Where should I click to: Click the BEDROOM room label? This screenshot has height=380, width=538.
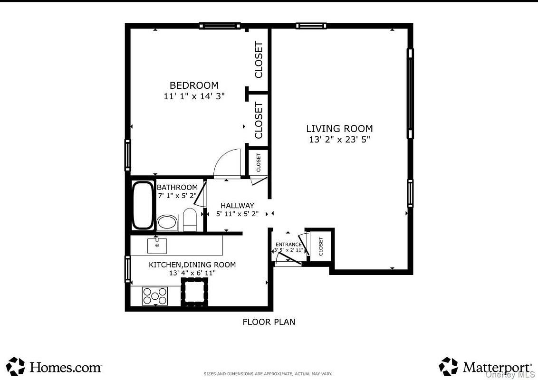(x=194, y=85)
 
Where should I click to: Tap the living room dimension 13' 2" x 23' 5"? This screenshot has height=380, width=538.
(x=339, y=140)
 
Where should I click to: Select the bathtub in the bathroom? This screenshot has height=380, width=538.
(x=143, y=205)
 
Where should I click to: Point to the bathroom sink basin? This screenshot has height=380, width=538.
(x=167, y=222)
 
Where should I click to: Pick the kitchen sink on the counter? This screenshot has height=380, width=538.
(x=157, y=246)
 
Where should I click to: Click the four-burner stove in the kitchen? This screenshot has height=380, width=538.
(x=155, y=296)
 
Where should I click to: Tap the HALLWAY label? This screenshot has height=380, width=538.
(x=237, y=206)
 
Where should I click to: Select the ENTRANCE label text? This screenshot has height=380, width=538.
(x=288, y=245)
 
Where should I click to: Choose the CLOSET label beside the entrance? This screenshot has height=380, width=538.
(x=321, y=247)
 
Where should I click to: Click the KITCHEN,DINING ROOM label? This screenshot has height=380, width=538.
(x=192, y=265)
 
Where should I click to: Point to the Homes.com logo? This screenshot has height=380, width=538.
(x=54, y=367)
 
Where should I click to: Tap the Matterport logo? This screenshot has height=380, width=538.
(x=485, y=367)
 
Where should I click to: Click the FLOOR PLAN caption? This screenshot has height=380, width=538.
(x=269, y=322)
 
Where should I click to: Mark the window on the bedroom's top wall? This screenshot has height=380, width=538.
(x=220, y=26)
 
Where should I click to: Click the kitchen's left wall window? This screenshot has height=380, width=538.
(x=128, y=269)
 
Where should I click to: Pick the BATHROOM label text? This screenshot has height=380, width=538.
(x=177, y=187)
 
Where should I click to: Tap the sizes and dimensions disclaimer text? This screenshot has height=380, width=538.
(x=268, y=374)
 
